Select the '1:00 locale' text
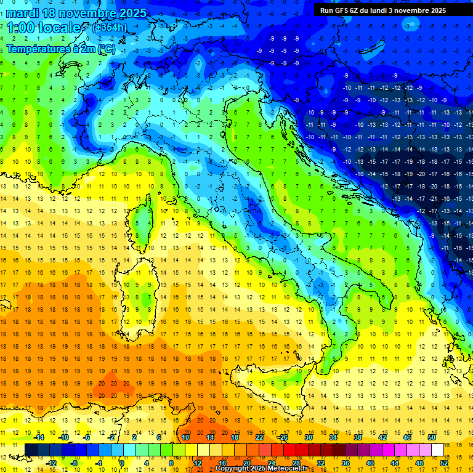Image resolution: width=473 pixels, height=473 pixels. click(44, 28)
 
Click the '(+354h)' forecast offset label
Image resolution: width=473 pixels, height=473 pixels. click(110, 27)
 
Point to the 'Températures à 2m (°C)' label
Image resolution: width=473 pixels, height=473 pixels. click(60, 48)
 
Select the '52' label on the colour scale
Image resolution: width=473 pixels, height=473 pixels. click(443, 463)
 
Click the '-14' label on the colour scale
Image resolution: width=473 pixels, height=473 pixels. click(39, 437)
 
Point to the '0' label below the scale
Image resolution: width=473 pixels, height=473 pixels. click(122, 463)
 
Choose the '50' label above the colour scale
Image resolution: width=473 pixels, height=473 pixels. click(431, 437)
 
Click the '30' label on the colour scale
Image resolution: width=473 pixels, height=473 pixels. click(309, 437)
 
